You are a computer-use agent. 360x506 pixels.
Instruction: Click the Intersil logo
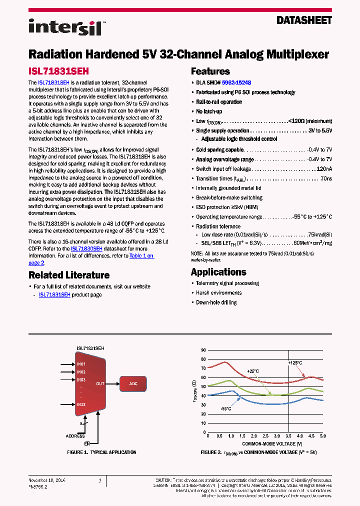[65, 27]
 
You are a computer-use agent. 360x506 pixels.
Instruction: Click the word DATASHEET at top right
[304, 20]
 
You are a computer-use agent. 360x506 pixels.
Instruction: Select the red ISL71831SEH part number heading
[58, 71]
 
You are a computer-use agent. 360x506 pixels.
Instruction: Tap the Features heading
[210, 71]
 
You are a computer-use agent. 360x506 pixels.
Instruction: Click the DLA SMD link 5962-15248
[236, 82]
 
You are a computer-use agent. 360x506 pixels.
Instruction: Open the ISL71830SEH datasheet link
[86, 248]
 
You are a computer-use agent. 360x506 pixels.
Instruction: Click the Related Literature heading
[69, 275]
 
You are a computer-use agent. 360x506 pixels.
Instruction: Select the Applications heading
[218, 272]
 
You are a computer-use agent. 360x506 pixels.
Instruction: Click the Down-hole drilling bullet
[216, 302]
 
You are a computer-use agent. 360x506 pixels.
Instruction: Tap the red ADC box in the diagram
[133, 384]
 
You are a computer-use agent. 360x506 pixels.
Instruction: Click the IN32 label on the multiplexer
[81, 404]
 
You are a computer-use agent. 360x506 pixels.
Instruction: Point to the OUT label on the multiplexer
[100, 384]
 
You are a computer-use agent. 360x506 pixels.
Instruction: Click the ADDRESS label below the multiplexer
[75, 436]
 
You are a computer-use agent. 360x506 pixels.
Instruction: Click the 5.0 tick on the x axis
[322, 436]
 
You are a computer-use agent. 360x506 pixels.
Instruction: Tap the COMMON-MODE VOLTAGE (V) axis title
[272, 443]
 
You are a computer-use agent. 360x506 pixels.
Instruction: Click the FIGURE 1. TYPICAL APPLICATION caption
[102, 452]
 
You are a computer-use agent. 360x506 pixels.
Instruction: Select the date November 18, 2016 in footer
[47, 480]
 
